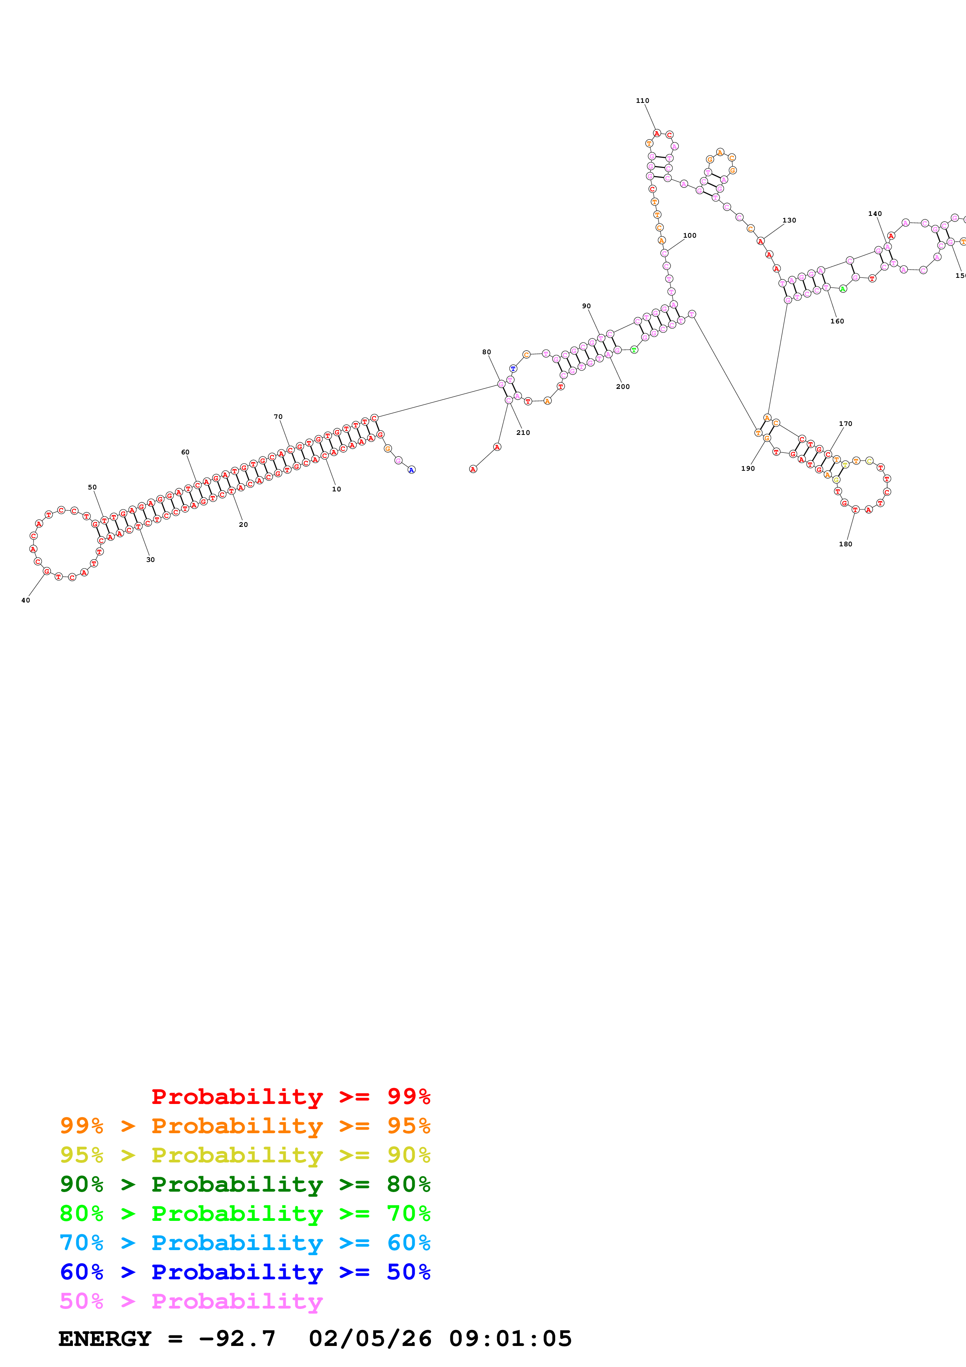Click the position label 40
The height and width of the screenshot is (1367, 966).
click(26, 600)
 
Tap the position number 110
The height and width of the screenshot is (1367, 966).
click(642, 101)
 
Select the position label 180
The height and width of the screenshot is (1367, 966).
click(845, 544)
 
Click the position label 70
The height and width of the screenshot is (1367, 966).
click(278, 417)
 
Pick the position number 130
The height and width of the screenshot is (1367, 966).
click(789, 220)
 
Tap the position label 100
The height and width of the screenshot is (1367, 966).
click(689, 236)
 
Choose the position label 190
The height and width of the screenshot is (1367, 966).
click(747, 468)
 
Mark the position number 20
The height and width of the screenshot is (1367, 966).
click(243, 525)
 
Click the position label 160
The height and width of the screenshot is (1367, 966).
click(837, 321)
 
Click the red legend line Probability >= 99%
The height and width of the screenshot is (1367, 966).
click(290, 1097)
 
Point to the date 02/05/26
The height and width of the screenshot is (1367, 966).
click(370, 1339)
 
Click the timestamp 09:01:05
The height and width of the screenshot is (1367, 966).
click(510, 1339)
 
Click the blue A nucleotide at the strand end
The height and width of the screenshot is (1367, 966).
click(411, 470)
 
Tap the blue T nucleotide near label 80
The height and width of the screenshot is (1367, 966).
click(513, 369)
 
